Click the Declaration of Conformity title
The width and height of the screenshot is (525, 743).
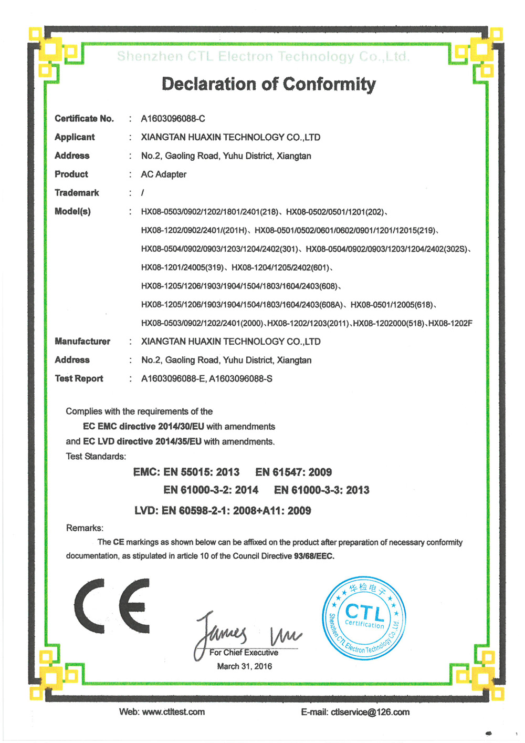[268, 84]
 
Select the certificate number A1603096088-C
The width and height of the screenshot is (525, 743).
[173, 119]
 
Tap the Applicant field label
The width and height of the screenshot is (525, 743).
[75, 137]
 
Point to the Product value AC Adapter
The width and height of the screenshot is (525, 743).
[163, 174]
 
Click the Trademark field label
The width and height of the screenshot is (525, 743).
[77, 193]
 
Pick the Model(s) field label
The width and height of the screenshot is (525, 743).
[72, 211]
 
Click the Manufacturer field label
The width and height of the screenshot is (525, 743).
[82, 342]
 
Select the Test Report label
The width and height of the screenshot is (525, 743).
[79, 378]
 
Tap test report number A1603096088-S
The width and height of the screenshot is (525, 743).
[240, 379]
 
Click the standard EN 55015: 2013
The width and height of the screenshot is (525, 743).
[201, 472]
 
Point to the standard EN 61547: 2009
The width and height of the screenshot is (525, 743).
[293, 472]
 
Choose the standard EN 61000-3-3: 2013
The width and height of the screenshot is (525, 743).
[321, 490]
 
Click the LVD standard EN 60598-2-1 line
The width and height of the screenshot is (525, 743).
[223, 511]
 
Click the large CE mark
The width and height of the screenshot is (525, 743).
[112, 605]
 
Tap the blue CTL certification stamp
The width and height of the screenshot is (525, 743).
[364, 618]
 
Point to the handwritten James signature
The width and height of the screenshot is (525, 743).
[220, 633]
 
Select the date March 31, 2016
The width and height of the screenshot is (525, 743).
[245, 666]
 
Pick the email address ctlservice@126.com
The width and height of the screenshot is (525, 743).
[370, 712]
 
